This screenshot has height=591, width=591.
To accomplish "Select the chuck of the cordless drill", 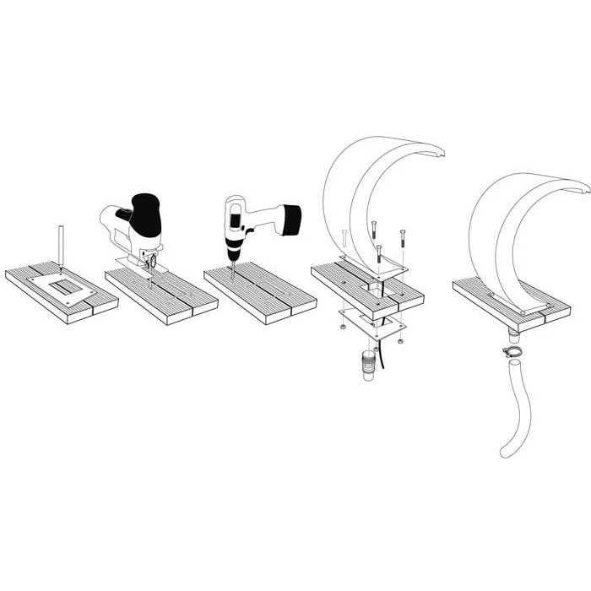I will pos(233,247).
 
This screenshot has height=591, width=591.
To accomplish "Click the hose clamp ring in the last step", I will pos(512,352).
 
